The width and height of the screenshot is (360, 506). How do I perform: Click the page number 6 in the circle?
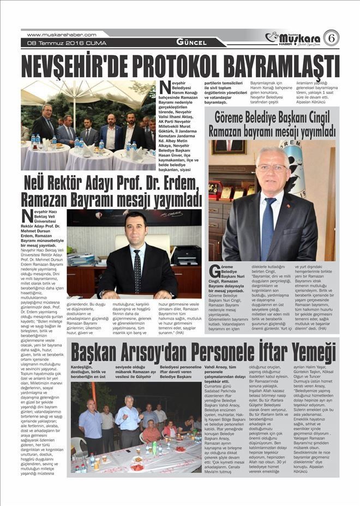coord(331,38)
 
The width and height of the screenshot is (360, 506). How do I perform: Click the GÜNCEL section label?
coord(191,42)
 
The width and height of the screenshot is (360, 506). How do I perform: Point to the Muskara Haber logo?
coord(292,38)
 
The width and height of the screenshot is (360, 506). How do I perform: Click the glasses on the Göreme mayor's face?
coord(272,168)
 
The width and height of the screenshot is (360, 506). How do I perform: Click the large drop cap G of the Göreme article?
coord(214,271)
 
